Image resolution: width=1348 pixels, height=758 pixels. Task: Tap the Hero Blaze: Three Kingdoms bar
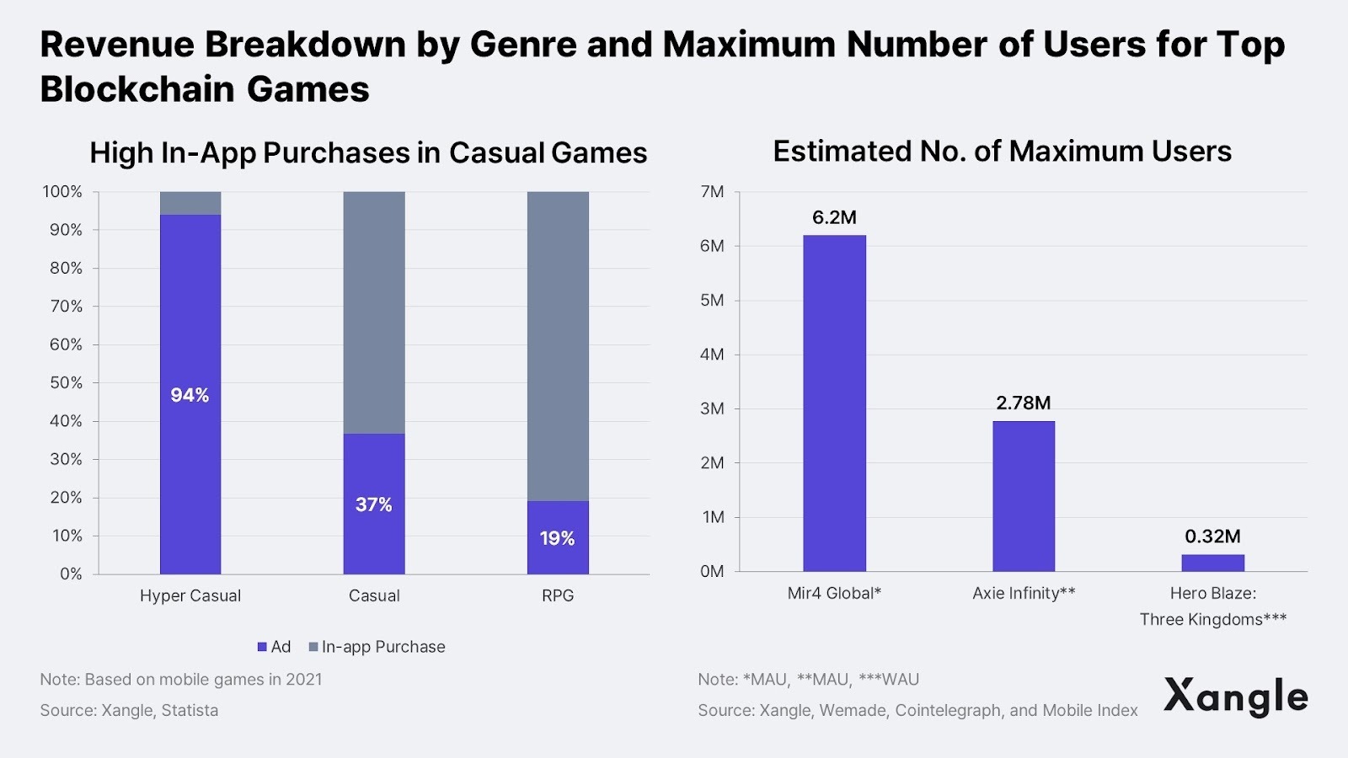point(1212,563)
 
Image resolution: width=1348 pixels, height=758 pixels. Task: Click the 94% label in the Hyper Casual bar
point(190,395)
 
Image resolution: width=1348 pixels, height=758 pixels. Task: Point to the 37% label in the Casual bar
point(373,504)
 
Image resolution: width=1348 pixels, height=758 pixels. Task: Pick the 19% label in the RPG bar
point(557,538)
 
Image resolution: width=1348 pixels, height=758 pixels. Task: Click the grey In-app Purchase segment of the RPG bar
point(558,345)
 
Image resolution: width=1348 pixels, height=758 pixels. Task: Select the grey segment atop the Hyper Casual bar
point(190,203)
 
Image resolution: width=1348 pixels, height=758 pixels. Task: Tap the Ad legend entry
point(274,647)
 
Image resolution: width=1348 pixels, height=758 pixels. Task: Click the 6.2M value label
point(834,217)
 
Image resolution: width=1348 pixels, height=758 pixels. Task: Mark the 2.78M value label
point(1023,403)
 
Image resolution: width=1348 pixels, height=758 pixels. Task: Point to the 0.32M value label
point(1212,536)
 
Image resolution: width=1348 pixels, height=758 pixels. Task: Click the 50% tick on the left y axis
point(66,382)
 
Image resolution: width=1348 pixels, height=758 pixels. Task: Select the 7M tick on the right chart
point(712,192)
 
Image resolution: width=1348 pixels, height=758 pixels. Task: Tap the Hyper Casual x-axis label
point(190,595)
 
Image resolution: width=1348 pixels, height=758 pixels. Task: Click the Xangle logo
point(1235,697)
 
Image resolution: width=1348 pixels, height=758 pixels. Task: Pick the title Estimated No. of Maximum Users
point(1002,152)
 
